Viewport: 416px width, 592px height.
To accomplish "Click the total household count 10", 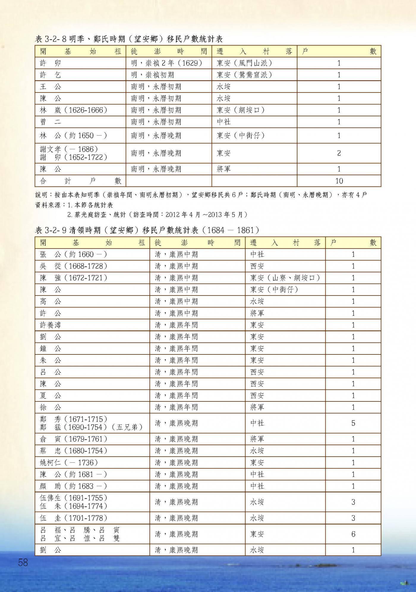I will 339,181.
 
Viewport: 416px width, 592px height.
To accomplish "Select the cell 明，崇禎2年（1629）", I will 166,63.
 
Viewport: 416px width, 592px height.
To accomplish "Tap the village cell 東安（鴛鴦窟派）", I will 244,75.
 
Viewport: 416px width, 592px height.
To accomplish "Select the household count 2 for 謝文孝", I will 339,153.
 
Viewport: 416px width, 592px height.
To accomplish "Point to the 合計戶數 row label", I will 80,181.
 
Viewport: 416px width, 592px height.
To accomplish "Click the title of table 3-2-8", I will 129,39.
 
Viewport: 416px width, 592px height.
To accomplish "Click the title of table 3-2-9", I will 147,230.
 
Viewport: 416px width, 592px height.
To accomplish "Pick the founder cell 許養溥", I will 50,325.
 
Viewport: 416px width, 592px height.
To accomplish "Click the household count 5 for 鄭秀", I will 353,423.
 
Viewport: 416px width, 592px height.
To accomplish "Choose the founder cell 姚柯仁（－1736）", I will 69,463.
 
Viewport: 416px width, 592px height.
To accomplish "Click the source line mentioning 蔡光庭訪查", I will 157,214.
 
